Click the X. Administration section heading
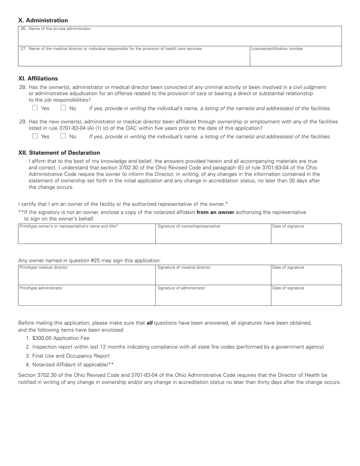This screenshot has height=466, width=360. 43,20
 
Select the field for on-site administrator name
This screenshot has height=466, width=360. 180,37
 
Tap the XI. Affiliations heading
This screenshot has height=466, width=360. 38,78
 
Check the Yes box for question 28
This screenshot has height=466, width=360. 35,108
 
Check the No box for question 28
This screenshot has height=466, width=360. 63,108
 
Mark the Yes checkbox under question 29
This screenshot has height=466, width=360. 35,136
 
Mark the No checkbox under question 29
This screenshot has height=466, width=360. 63,136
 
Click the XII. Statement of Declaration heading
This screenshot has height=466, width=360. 59,153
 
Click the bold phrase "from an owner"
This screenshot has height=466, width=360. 215,212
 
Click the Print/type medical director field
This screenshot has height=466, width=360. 87,276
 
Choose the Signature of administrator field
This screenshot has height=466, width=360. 213,297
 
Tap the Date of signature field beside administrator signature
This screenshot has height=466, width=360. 306,297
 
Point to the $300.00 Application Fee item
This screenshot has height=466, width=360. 61,338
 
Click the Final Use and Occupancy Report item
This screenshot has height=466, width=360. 71,356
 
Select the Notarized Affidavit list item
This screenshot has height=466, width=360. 73,364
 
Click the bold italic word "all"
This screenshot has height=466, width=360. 149,323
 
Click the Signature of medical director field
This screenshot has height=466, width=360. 213,276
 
